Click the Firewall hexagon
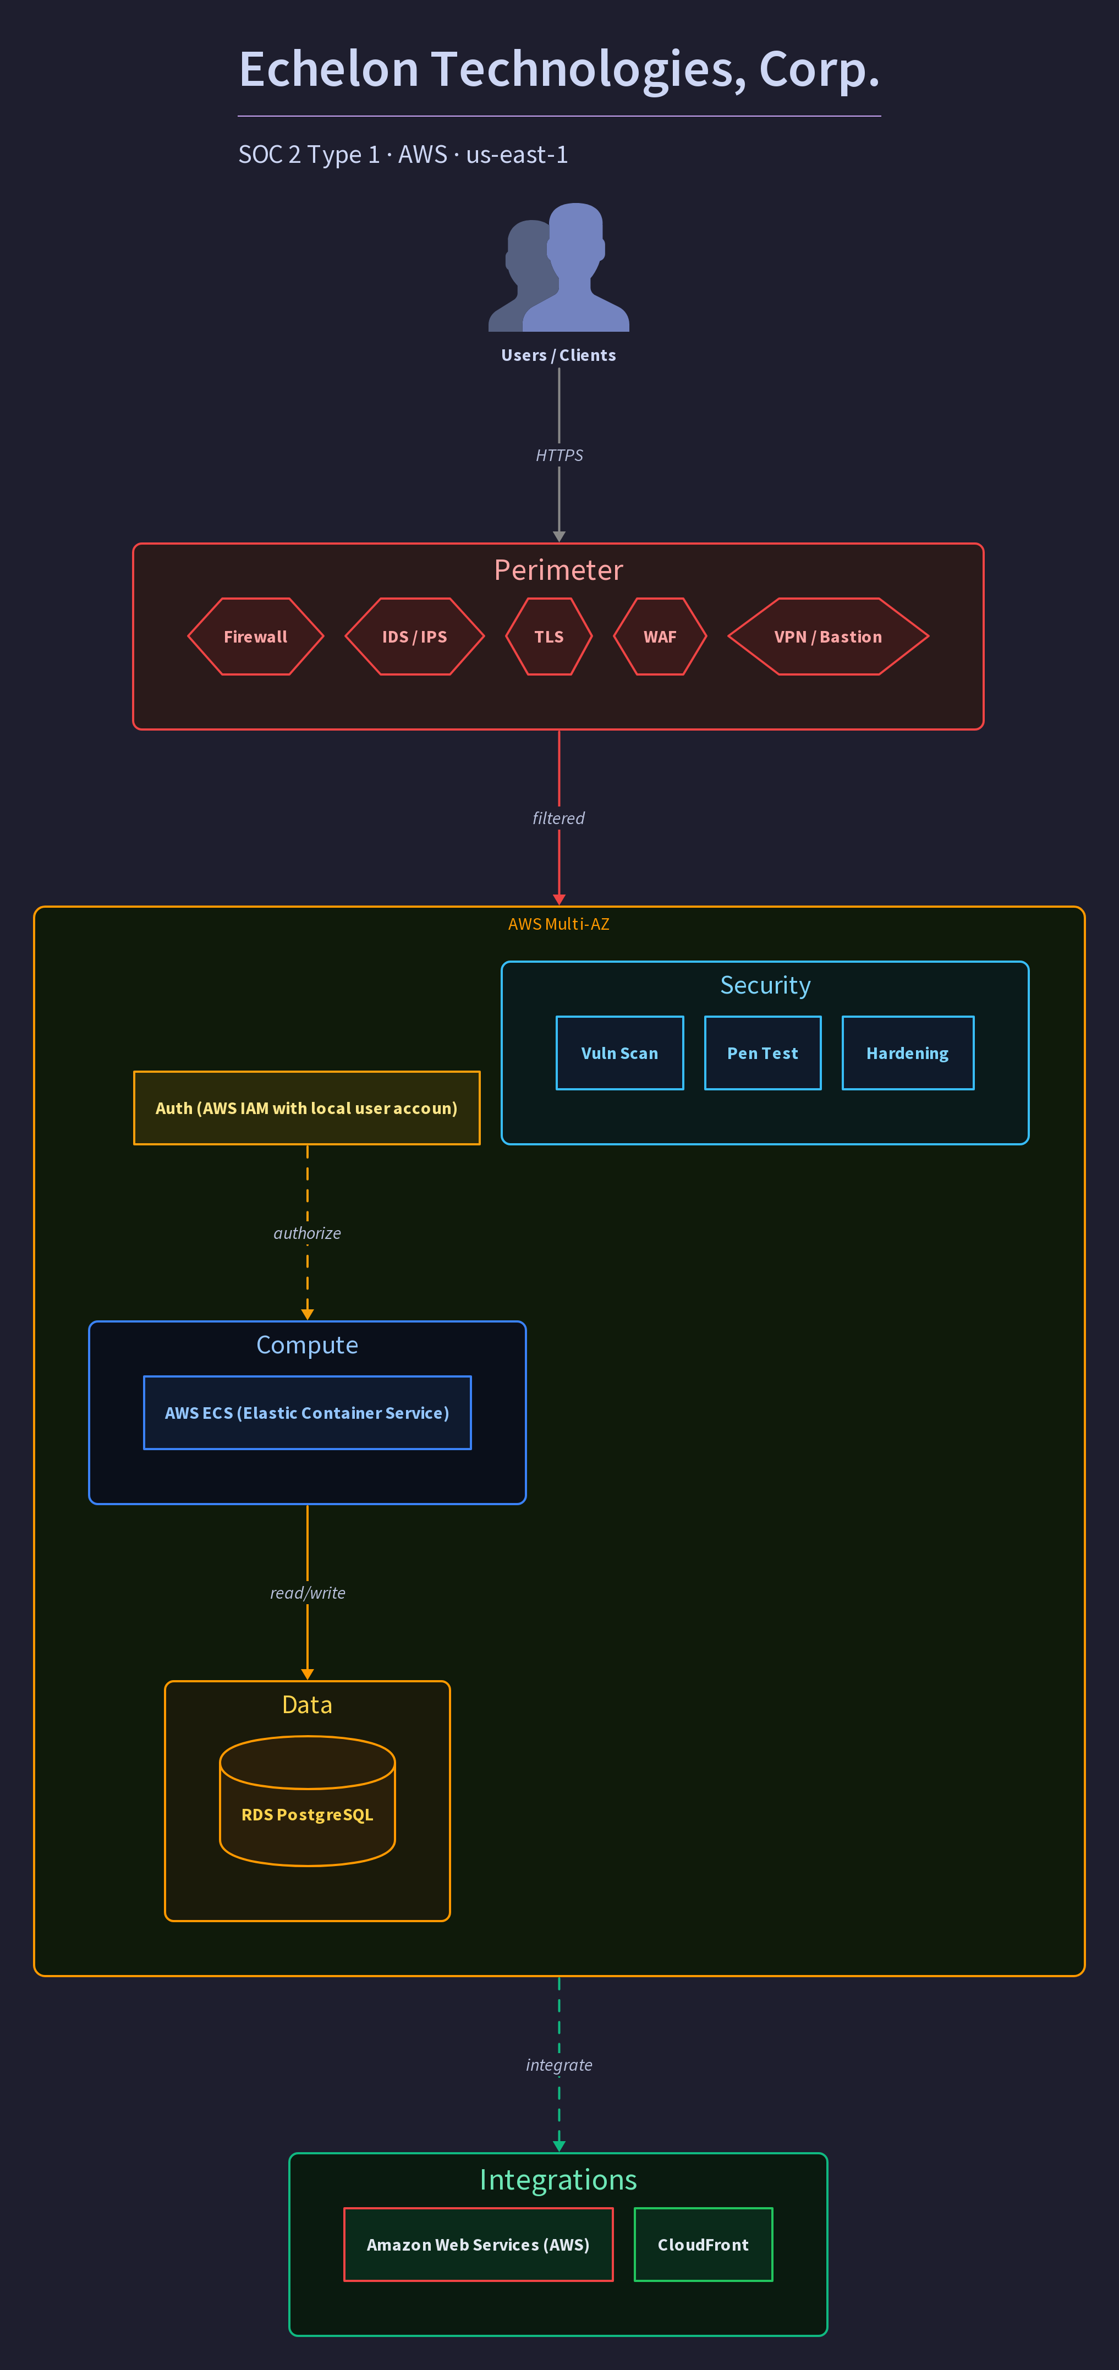(x=256, y=637)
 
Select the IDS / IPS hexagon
(x=415, y=637)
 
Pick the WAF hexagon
(x=660, y=637)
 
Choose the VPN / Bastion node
(x=828, y=637)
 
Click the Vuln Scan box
(x=620, y=1052)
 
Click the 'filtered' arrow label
(x=558, y=818)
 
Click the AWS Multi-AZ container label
(x=558, y=924)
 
